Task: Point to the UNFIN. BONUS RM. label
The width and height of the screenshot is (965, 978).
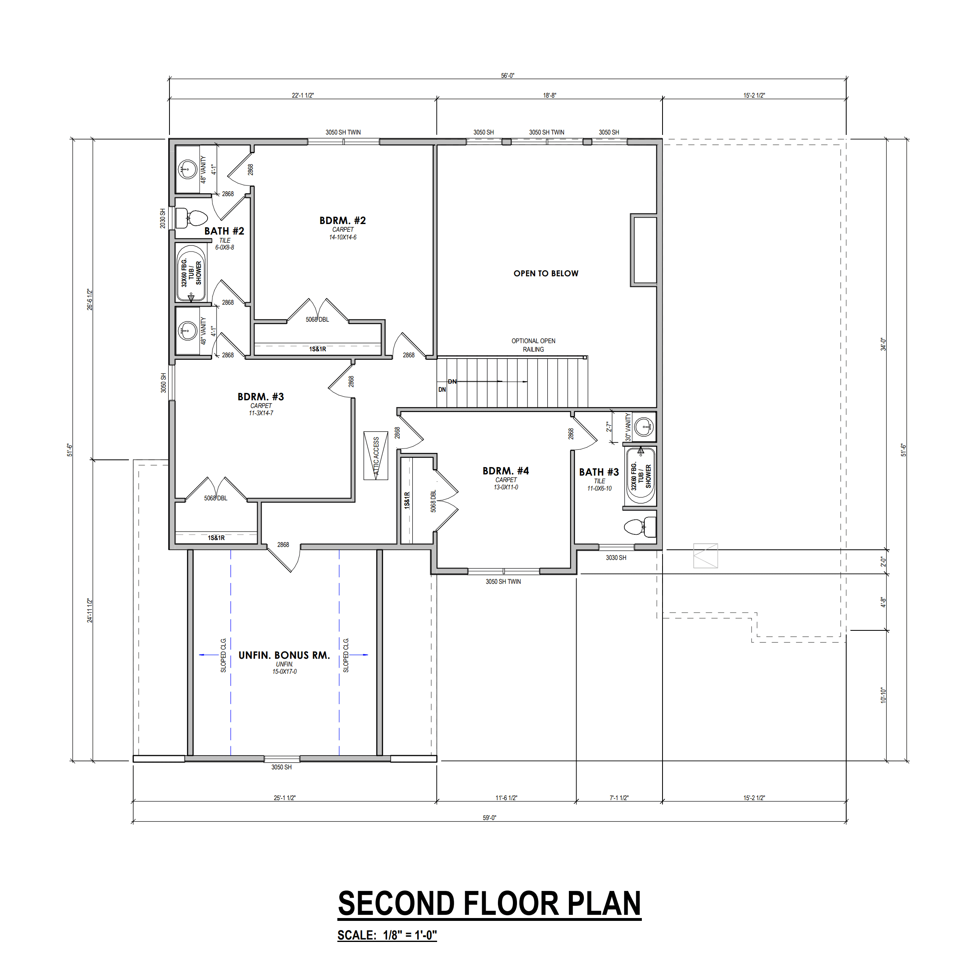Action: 284,655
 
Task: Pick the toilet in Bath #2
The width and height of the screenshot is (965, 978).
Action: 191,218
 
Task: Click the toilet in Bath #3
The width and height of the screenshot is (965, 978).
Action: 640,527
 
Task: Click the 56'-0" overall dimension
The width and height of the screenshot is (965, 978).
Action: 508,76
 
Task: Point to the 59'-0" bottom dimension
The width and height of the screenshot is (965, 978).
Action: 489,818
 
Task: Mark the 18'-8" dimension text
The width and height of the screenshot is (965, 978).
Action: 550,95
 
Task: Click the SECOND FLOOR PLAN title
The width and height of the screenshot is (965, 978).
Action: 489,903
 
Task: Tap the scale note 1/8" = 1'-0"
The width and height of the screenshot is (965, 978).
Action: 387,935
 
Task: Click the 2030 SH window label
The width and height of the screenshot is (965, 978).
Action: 163,218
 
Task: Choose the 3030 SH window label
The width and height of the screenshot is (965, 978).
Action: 615,557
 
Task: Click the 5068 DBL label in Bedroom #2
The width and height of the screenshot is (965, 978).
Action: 317,319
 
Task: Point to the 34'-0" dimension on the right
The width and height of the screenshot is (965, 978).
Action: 883,344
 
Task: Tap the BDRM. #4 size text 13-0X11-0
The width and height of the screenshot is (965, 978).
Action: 506,487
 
